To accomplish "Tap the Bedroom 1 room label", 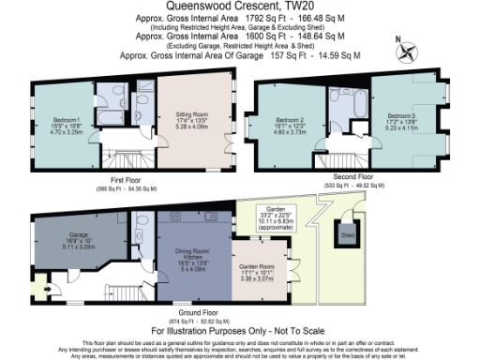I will (x=67, y=126).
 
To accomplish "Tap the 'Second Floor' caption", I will (x=352, y=176).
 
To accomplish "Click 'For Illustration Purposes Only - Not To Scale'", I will (x=240, y=330).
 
